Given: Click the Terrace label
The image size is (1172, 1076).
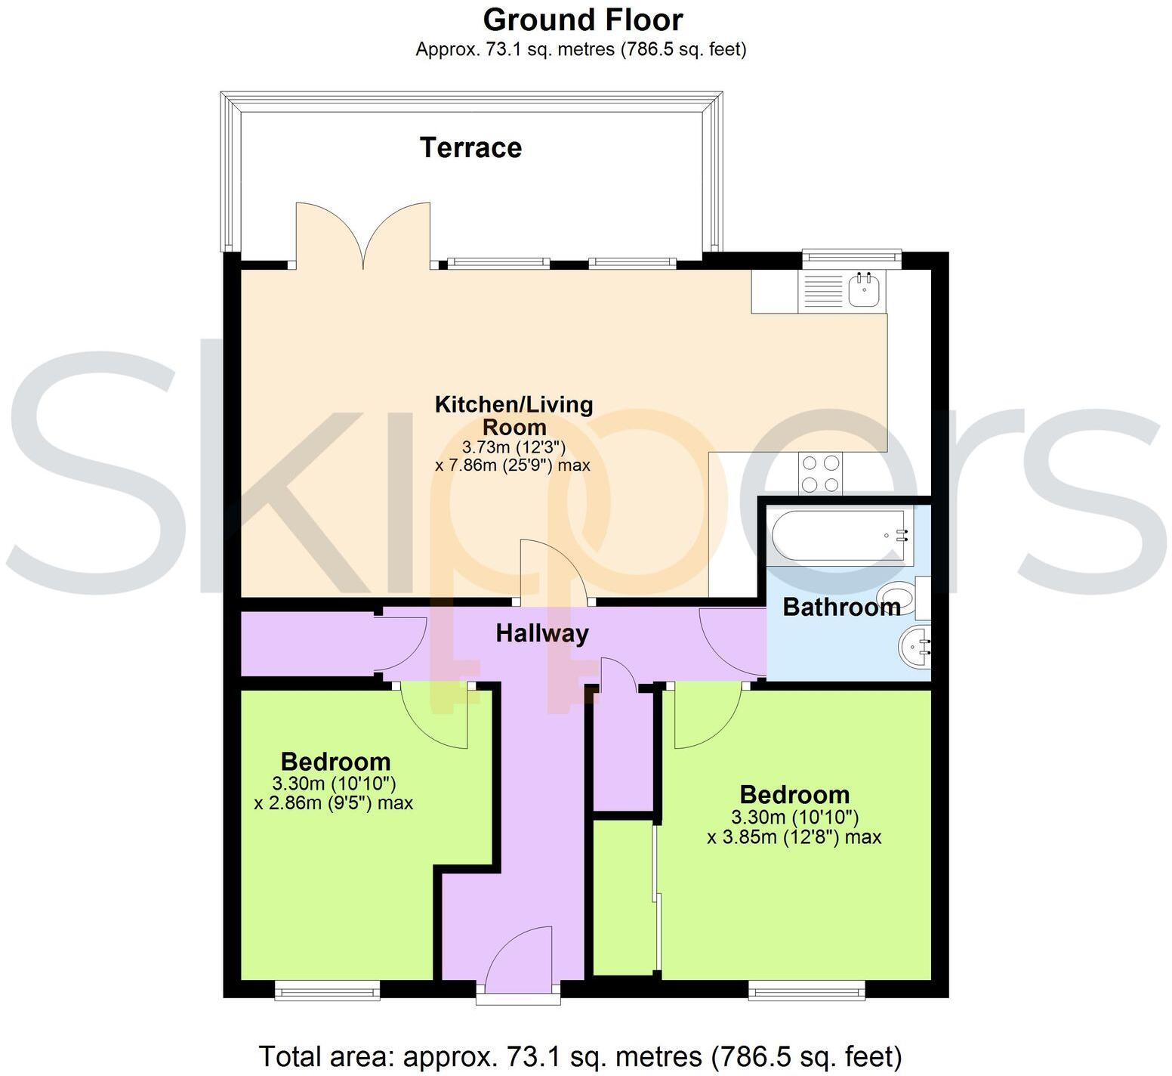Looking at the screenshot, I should click(470, 147).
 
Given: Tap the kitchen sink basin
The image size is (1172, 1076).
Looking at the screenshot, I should click(863, 290).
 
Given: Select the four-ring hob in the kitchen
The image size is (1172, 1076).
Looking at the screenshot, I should click(821, 474).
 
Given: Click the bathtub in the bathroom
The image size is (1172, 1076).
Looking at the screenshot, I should click(838, 536).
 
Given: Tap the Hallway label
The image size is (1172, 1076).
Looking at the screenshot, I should click(541, 633).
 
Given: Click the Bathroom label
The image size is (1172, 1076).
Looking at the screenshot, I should click(840, 607).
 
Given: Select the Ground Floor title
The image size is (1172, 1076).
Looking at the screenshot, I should click(582, 20).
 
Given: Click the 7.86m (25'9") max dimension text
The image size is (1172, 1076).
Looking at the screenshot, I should click(513, 465).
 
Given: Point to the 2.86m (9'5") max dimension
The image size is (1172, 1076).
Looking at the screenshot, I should click(334, 802).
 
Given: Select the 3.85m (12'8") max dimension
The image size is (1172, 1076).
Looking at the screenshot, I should click(794, 837).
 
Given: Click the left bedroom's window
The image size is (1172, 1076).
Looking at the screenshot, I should click(326, 990).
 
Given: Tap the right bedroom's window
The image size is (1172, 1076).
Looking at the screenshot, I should click(806, 990).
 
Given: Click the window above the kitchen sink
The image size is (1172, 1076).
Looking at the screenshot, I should click(851, 258).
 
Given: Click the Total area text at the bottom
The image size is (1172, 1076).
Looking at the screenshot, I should click(580, 1055).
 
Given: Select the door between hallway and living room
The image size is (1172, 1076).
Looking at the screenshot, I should click(555, 574).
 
